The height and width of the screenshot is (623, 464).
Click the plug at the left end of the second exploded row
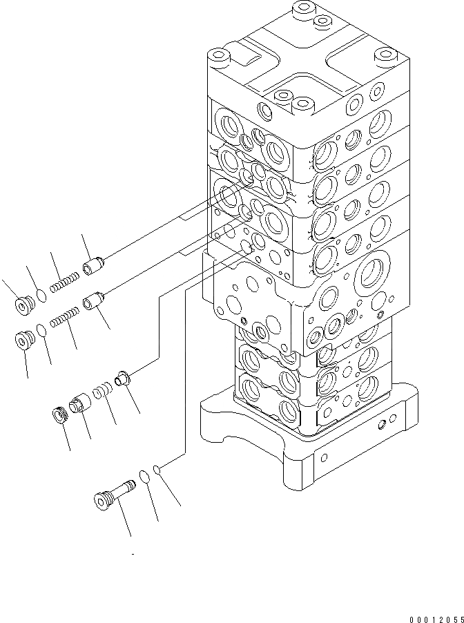pos(26,341)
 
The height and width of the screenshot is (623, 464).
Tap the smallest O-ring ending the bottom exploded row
pos(158,470)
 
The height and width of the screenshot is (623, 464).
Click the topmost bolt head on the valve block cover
pos(300,11)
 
